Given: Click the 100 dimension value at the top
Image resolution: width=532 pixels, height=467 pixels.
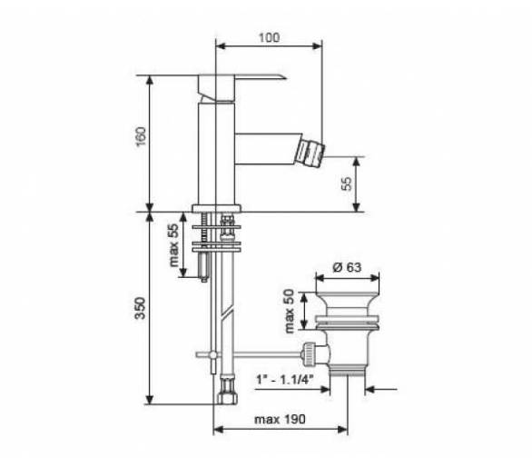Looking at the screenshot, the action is click(270, 37).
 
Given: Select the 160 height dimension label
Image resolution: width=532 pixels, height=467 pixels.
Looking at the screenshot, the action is click(141, 136).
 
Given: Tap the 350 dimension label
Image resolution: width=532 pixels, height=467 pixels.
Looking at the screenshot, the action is click(140, 308).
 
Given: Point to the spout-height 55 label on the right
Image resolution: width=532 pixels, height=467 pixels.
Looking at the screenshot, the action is click(347, 184).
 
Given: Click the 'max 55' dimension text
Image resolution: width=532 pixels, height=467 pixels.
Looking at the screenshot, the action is click(173, 245).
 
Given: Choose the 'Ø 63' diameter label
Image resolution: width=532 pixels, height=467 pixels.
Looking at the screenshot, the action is click(347, 267).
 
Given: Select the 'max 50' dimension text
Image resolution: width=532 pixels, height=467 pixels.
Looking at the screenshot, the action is click(289, 311).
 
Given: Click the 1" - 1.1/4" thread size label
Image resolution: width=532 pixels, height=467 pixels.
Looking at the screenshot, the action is click(285, 379).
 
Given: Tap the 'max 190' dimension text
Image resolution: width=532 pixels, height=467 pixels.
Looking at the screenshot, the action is click(280, 419).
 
